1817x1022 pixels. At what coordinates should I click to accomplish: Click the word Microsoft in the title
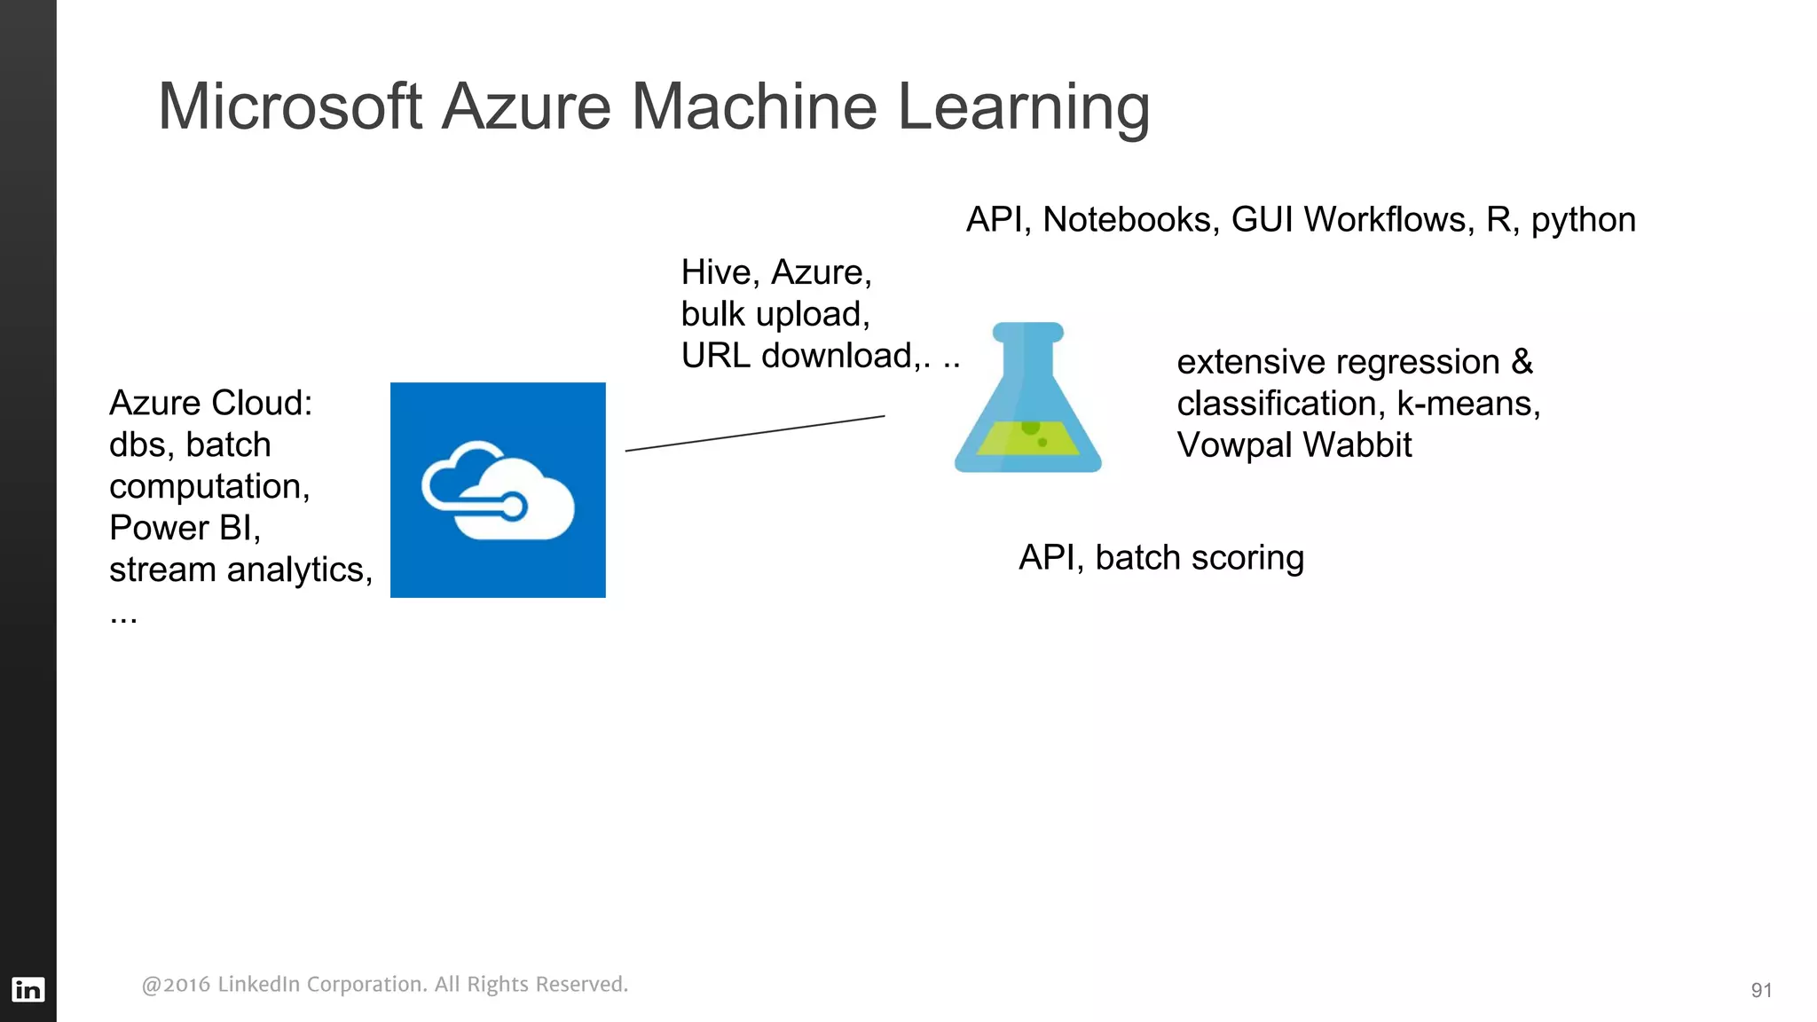(289, 106)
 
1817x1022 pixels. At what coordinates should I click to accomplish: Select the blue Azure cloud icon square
(498, 490)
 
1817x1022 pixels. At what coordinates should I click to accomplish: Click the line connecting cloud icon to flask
(755, 433)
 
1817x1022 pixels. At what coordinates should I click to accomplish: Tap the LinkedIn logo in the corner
(28, 989)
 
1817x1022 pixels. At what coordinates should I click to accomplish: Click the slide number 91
(1761, 990)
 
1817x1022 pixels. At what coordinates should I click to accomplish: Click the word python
(1583, 220)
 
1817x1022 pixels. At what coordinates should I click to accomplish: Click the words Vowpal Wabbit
(1294, 445)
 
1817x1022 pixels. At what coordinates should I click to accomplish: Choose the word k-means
(1467, 404)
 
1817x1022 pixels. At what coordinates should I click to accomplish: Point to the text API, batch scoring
(1160, 558)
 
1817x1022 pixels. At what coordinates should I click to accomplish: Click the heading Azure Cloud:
(210, 403)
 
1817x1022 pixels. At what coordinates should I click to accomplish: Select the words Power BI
(183, 528)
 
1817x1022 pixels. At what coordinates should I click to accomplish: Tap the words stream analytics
(240, 570)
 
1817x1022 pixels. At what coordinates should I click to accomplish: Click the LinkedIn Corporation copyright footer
(384, 984)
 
